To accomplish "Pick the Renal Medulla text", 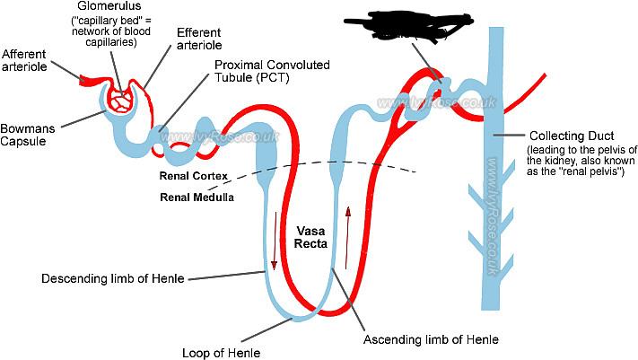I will (x=198, y=197).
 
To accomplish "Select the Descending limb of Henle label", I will (x=113, y=278).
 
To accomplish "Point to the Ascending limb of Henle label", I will (x=430, y=339).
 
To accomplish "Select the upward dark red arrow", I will (x=348, y=216).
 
